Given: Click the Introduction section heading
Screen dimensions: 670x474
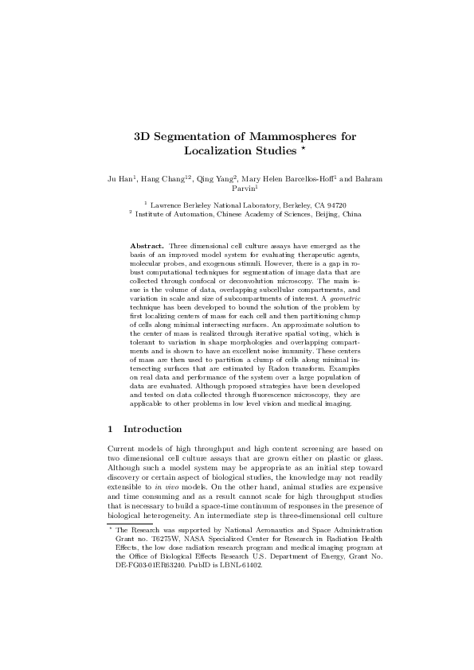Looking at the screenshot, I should (x=157, y=429).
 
